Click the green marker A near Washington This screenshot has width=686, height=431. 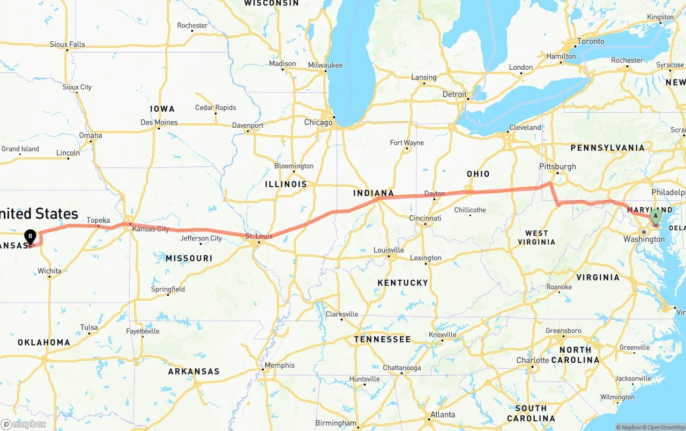pyautogui.click(x=654, y=217)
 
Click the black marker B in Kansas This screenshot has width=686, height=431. pyautogui.click(x=31, y=236)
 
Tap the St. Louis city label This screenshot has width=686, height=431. pyautogui.click(x=259, y=236)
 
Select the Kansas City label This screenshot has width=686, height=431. pyautogui.click(x=151, y=229)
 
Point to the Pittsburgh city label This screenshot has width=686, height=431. pyautogui.click(x=558, y=166)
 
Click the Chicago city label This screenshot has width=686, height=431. pyautogui.click(x=318, y=122)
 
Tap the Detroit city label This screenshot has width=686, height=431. pyautogui.click(x=454, y=94)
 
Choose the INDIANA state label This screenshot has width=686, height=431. pyautogui.click(x=374, y=193)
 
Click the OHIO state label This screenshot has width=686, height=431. pyautogui.click(x=478, y=174)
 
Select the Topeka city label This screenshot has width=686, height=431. pyautogui.click(x=98, y=221)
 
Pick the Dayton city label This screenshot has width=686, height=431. pyautogui.click(x=434, y=194)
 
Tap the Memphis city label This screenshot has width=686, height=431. pyautogui.click(x=279, y=366)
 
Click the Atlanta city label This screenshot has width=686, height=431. pyautogui.click(x=443, y=414)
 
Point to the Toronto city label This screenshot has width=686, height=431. pyautogui.click(x=591, y=41)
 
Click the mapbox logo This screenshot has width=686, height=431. pyautogui.click(x=24, y=424)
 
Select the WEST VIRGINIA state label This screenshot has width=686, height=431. pyautogui.click(x=536, y=237)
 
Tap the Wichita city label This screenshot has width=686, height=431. pyautogui.click(x=49, y=271)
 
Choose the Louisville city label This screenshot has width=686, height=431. pyautogui.click(x=389, y=250)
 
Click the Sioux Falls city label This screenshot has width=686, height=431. pyautogui.click(x=67, y=45)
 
